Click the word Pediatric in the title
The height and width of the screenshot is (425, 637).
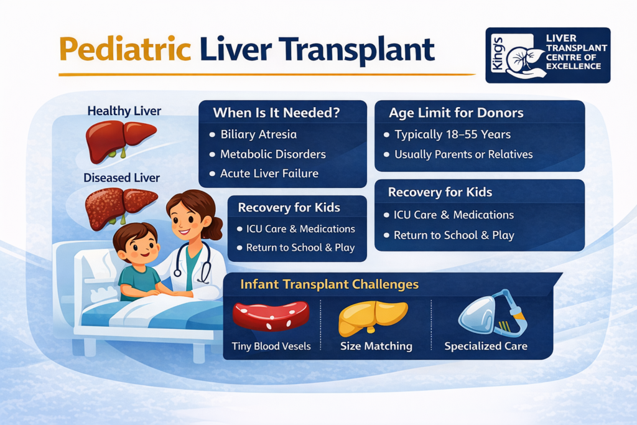(124, 50)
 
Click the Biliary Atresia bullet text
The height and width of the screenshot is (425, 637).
(258, 134)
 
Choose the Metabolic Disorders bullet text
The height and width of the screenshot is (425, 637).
(272, 154)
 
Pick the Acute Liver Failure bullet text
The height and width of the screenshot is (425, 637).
(269, 174)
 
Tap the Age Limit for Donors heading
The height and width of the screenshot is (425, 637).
(456, 113)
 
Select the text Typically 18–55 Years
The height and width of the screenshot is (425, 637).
(452, 134)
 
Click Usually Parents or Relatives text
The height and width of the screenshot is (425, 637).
(463, 154)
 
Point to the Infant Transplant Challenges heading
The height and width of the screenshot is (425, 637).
(330, 285)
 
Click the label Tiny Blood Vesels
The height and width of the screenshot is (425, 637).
(271, 346)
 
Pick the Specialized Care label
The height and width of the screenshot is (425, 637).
(486, 346)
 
